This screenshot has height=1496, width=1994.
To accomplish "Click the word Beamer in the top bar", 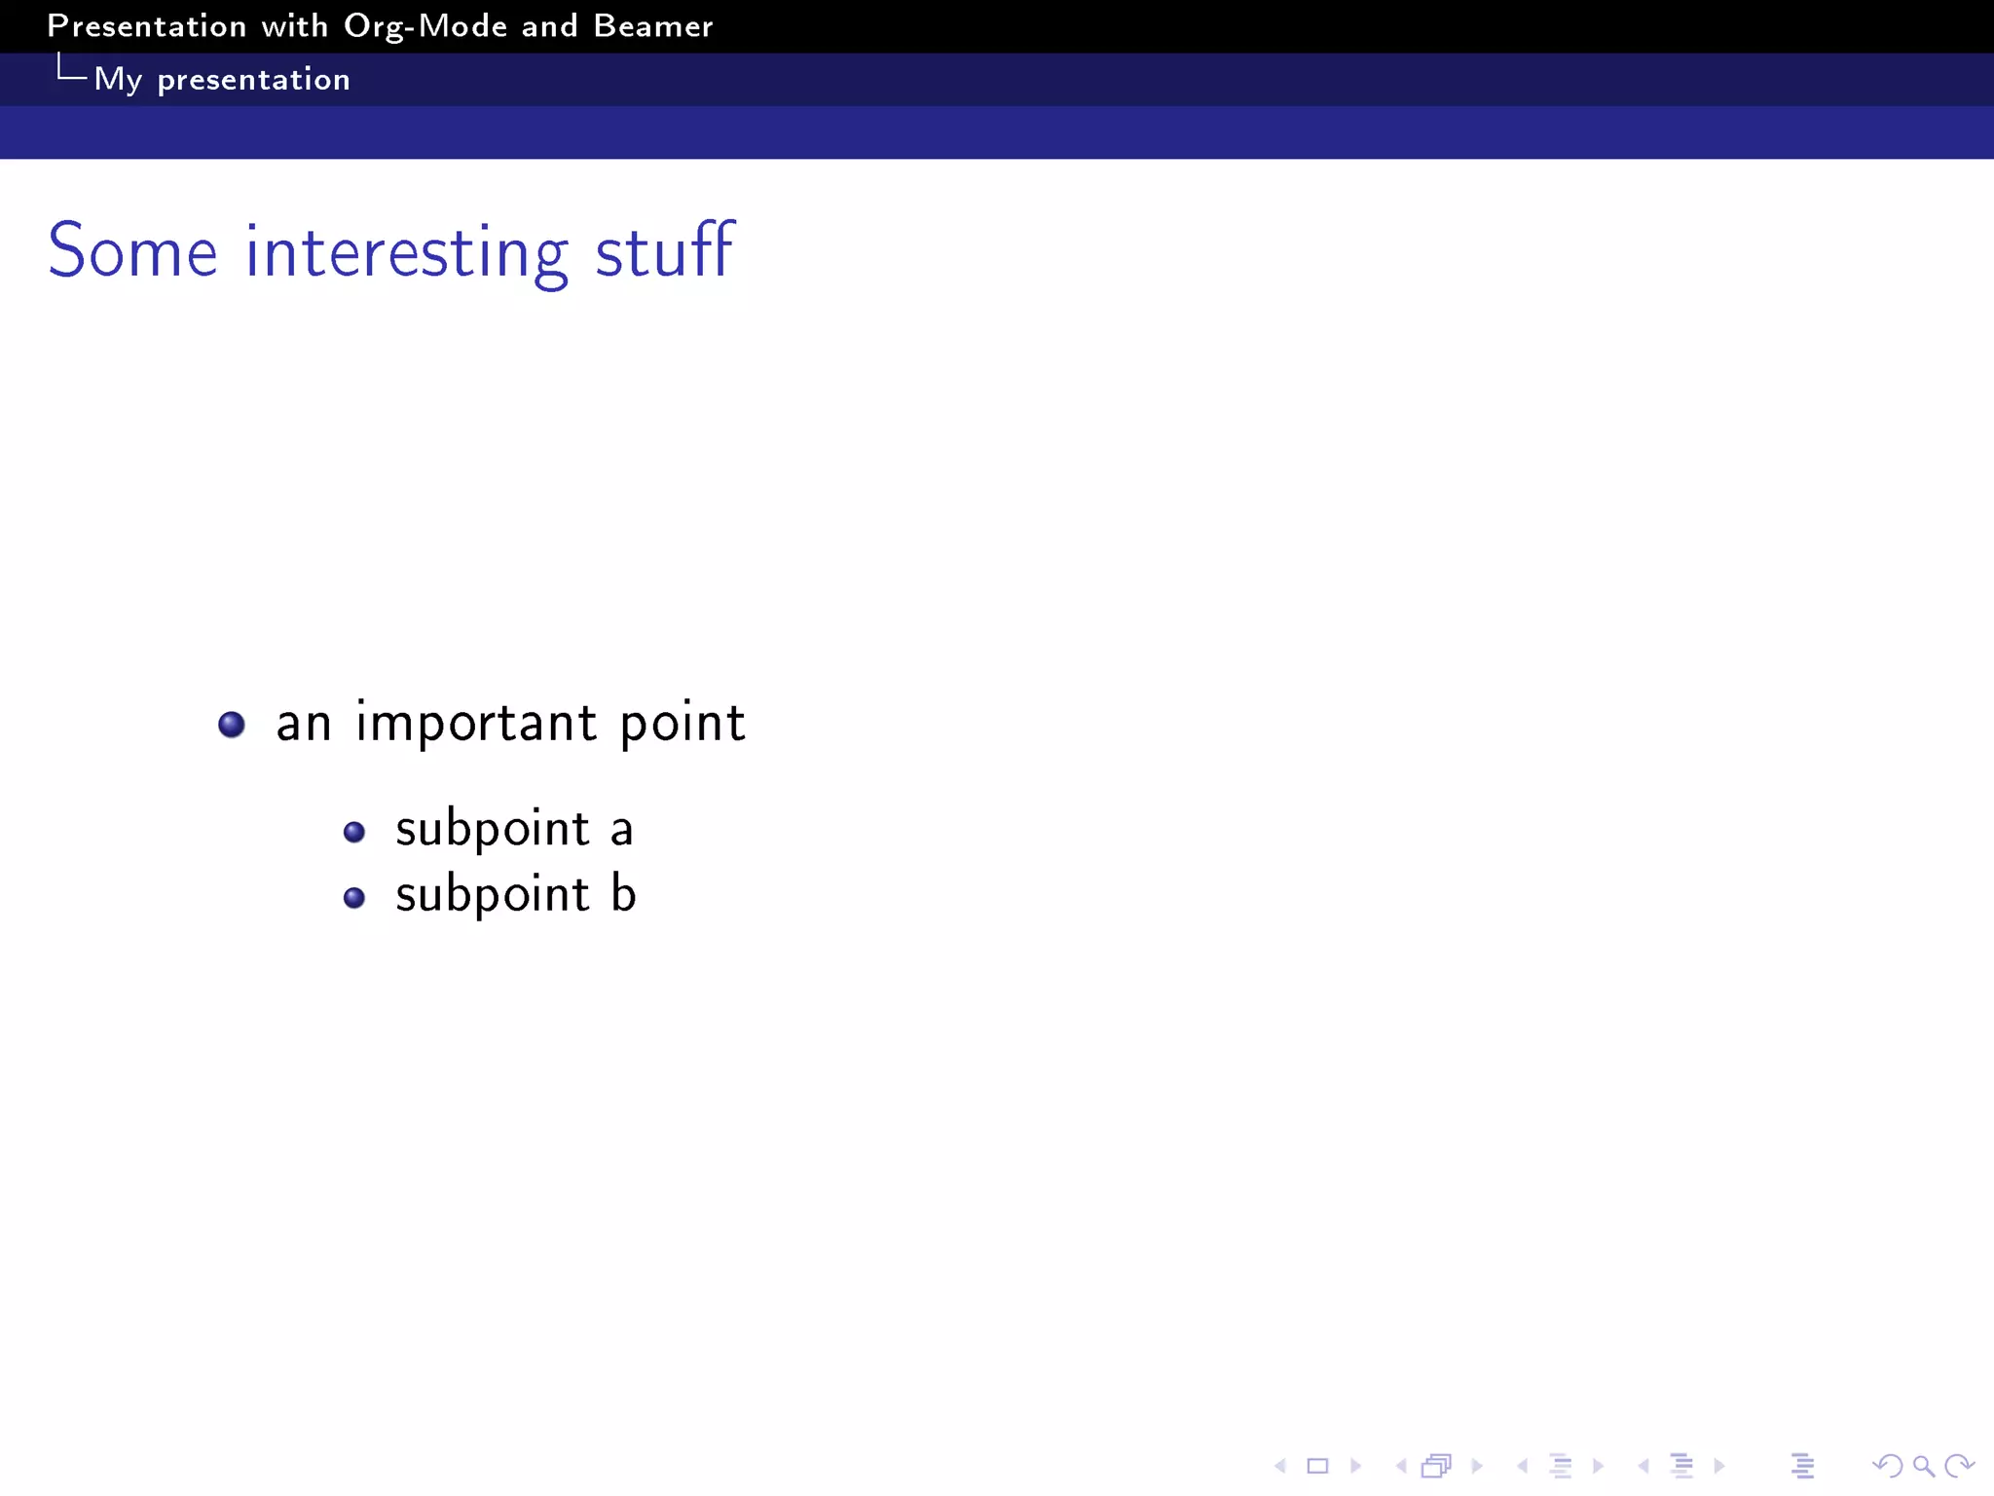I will pos(653,26).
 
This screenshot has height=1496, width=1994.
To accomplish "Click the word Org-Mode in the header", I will pos(425,27).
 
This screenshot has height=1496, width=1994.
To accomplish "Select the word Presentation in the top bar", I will pos(147,26).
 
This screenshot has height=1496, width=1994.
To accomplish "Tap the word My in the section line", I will pos(118,80).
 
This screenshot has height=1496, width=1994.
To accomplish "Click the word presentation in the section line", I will pos(253,80).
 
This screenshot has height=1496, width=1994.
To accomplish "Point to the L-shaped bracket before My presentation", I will pos(71,68).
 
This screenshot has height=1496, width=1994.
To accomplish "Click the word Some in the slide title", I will pos(132,251).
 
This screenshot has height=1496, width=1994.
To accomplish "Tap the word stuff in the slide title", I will pos(664,250).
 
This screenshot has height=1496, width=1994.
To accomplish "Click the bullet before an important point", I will pos(232,725).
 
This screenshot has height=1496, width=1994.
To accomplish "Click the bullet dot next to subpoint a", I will pos(354,832).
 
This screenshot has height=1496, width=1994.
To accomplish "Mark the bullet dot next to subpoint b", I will pos(354,897).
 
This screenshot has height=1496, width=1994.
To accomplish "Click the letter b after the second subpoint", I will pos(623,893).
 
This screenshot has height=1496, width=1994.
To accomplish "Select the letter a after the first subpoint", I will pos(621,831).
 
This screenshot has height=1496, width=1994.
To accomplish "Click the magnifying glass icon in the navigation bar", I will pos(1923,1466).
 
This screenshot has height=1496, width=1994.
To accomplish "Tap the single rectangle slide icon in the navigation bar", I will pos(1317,1466).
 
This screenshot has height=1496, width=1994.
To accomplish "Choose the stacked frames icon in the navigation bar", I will pos(1436,1466).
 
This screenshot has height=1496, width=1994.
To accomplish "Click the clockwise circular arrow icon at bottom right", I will pos(1958,1466).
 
